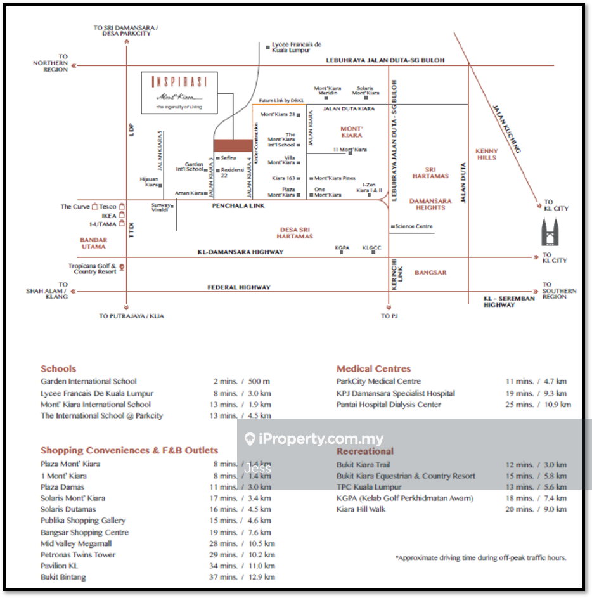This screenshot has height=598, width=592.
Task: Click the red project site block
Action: [x=232, y=146]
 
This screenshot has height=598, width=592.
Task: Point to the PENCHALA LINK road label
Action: [x=238, y=206]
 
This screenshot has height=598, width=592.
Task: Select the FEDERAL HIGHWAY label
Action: [x=239, y=287]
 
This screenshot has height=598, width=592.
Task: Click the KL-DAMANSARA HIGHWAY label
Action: [x=240, y=252]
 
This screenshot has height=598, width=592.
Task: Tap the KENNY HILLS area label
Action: [x=487, y=154]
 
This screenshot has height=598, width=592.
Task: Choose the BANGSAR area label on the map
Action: [x=430, y=273]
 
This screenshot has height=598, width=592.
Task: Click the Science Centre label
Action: [x=414, y=226]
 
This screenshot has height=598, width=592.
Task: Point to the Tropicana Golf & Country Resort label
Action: [x=93, y=269]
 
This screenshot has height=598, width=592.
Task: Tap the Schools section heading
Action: [x=58, y=368]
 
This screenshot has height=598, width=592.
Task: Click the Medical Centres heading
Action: [x=373, y=368]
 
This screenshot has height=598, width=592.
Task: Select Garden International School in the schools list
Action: [x=89, y=381]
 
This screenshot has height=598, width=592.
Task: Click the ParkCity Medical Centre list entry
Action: [x=378, y=381]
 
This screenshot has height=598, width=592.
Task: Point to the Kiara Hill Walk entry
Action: [x=361, y=509]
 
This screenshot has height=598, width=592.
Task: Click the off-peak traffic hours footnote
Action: [x=480, y=557]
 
